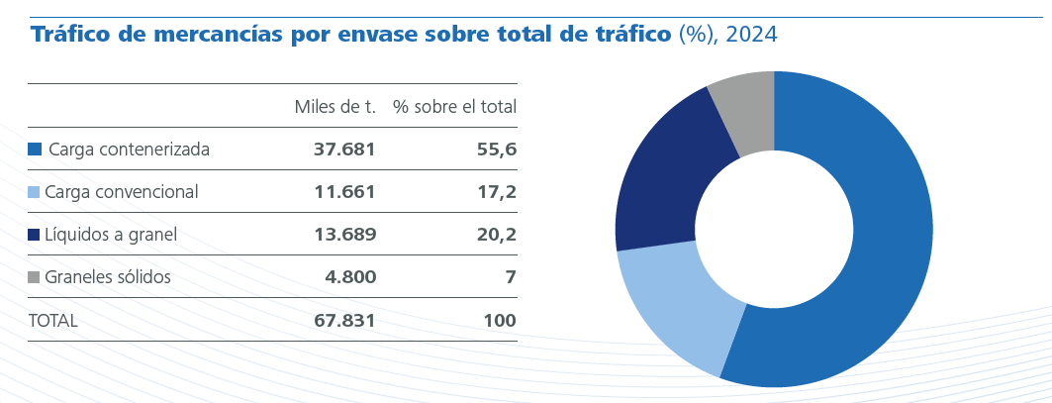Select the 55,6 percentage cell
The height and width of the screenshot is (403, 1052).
(x=497, y=150)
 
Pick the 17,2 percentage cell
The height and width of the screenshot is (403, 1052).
(x=497, y=192)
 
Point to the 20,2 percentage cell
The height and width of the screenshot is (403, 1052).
(x=497, y=235)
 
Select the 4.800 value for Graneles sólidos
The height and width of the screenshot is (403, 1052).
(x=350, y=277)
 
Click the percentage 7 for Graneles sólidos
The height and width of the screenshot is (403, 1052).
(x=511, y=277)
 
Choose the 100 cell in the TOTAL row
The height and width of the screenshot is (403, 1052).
(x=500, y=321)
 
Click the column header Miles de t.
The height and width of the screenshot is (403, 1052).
(x=335, y=107)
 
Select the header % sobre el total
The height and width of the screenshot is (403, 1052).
(x=454, y=107)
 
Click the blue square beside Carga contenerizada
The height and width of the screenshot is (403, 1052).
(x=35, y=150)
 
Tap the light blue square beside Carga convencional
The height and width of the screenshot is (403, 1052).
(x=35, y=192)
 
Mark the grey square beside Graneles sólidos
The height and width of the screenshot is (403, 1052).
(x=35, y=277)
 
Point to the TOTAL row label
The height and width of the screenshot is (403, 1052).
(x=53, y=321)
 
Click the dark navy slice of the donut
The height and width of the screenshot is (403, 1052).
(x=663, y=183)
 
